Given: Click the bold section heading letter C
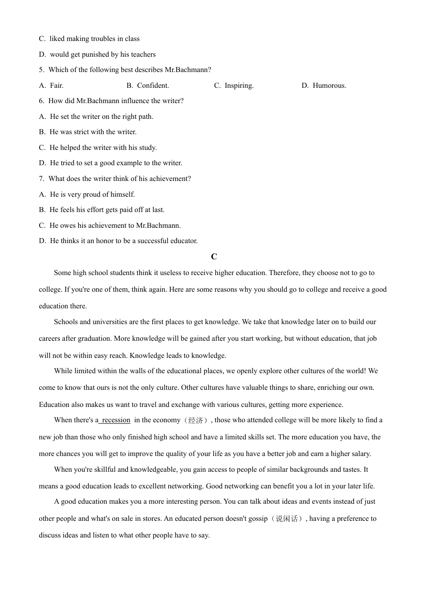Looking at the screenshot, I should pyautogui.click(x=214, y=257).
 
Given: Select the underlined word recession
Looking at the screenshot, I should pyautogui.click(x=116, y=420).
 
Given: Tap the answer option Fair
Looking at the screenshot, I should pyautogui.click(x=57, y=86).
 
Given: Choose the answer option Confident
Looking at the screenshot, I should pyautogui.click(x=153, y=86).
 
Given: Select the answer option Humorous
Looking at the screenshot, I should pyautogui.click(x=329, y=86).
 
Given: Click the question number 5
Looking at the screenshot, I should pyautogui.click(x=41, y=70).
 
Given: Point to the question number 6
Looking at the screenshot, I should pyautogui.click(x=41, y=101).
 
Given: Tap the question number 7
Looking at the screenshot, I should pyautogui.click(x=41, y=179).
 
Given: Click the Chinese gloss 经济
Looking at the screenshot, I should pyautogui.click(x=196, y=420).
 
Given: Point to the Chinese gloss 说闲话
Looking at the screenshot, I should pyautogui.click(x=287, y=519).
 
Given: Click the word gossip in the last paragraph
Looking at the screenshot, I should pyautogui.click(x=258, y=519).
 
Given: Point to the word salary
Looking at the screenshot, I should pyautogui.click(x=360, y=454).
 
